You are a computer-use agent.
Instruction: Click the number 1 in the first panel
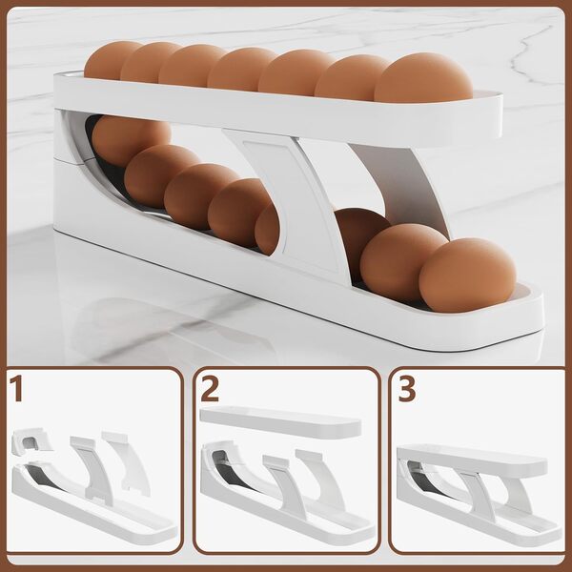click(16, 389)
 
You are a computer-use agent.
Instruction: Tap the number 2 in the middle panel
click(210, 389)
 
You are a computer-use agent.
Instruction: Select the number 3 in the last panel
click(406, 389)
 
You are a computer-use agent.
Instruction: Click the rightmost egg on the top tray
click(423, 77)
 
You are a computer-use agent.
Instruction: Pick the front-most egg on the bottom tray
click(467, 275)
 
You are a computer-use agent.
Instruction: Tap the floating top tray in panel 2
click(280, 422)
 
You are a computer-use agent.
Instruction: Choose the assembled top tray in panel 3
click(472, 460)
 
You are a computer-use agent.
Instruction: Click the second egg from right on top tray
click(350, 77)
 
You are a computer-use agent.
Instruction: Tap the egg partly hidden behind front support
click(268, 229)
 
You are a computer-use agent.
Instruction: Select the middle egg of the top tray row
click(241, 69)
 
